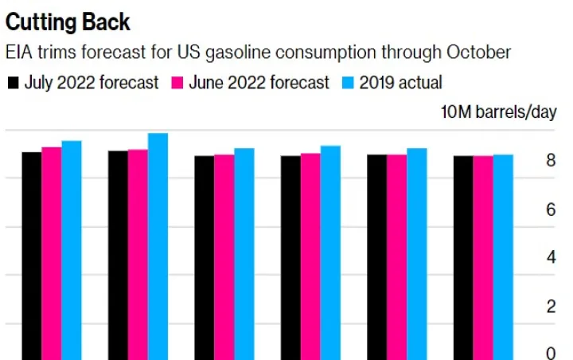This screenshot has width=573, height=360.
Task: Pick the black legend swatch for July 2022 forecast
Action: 14,83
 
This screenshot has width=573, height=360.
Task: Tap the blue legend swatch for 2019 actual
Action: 346,83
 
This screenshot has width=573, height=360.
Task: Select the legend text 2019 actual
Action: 400,83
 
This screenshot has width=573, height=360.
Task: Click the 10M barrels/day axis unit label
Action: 499,112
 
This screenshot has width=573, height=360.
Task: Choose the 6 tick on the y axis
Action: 551,210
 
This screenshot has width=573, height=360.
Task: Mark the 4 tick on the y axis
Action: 551,259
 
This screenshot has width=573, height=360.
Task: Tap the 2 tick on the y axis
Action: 551,307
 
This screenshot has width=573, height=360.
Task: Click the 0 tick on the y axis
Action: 551,353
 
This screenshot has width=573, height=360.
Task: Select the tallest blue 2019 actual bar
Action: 158,246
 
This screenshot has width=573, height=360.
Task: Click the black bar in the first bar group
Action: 31,255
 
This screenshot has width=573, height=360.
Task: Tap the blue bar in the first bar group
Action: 72,250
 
